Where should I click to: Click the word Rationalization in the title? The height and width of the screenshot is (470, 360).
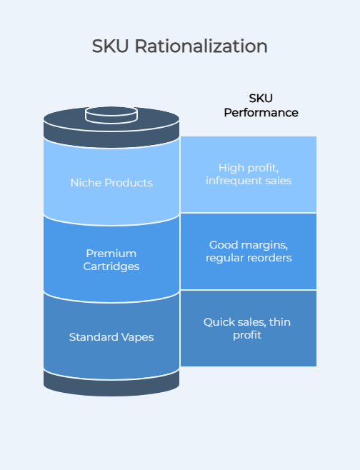(201, 46)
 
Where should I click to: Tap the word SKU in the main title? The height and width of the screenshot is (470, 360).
(110, 46)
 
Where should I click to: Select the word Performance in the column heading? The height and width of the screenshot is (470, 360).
(261, 113)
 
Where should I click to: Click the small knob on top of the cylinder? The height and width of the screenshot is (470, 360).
(111, 115)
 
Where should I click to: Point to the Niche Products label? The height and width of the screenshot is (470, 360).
(111, 183)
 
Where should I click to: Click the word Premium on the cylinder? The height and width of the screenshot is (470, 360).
(111, 254)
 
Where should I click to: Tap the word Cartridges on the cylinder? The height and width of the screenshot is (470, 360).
(111, 266)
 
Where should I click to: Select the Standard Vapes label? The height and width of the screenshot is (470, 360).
(111, 337)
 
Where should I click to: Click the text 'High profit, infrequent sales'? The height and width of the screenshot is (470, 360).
(249, 174)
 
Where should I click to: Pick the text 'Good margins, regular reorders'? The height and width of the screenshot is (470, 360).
(249, 251)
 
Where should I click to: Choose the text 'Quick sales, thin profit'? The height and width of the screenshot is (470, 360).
(247, 329)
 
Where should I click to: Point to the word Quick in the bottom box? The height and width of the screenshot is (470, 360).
(219, 322)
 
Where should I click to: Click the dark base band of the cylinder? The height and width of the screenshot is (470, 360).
(111, 384)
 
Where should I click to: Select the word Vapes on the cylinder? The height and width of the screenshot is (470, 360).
(137, 337)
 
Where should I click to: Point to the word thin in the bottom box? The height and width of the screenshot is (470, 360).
(280, 322)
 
